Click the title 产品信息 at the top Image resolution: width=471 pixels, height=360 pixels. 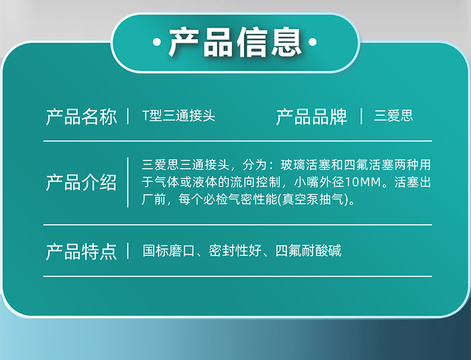[x=235, y=42]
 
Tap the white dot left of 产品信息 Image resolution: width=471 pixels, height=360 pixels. [x=157, y=42]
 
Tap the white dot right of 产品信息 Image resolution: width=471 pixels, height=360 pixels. [x=312, y=42]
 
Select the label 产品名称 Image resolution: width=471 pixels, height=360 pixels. [x=81, y=116]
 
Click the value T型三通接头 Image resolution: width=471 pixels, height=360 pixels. [x=178, y=116]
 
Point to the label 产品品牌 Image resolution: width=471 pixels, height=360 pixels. [x=311, y=116]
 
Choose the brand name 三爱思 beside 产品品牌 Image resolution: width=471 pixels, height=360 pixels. [x=393, y=116]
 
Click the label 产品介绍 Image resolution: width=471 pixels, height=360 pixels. [x=81, y=182]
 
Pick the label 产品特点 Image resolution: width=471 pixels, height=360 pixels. [x=81, y=252]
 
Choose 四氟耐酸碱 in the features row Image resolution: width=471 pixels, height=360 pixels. [x=308, y=251]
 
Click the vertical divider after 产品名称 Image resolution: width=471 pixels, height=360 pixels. [x=128, y=116]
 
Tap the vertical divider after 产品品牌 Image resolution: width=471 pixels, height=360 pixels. [x=361, y=116]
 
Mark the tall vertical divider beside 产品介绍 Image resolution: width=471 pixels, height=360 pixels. [x=128, y=182]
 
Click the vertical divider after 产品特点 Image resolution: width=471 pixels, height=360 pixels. [x=128, y=251]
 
